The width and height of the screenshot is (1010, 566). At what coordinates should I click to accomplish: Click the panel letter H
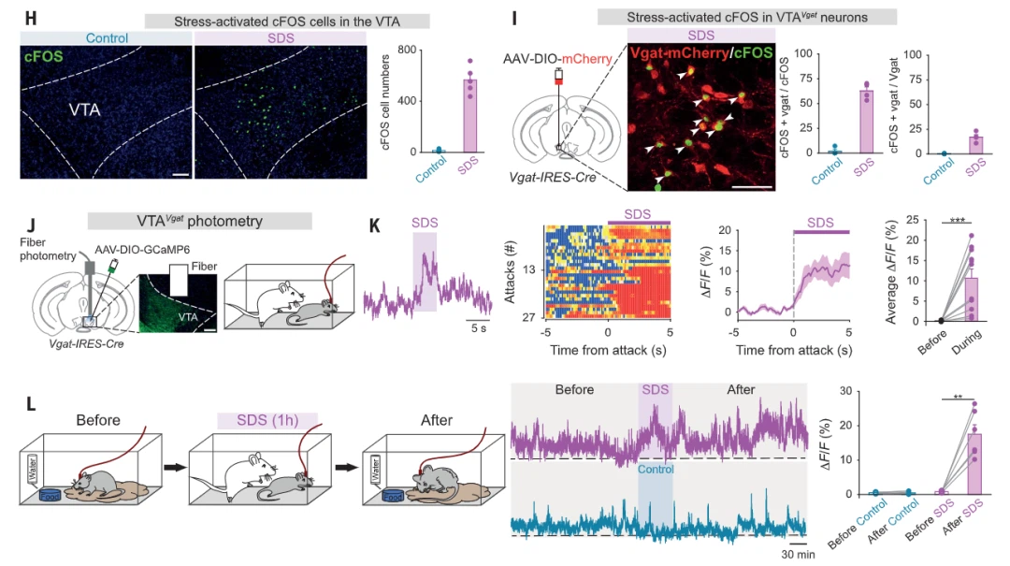point(30,18)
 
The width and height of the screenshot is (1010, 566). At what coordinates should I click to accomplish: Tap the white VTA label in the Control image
point(84,110)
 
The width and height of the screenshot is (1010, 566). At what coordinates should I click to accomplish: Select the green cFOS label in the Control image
point(44,57)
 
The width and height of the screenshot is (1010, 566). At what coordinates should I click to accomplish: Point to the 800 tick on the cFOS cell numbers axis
point(407,51)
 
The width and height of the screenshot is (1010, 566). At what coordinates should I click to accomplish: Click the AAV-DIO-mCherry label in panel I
point(557,59)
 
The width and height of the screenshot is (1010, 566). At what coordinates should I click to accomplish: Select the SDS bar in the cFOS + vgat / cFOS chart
point(866,122)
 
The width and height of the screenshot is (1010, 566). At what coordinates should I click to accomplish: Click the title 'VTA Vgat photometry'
point(200,221)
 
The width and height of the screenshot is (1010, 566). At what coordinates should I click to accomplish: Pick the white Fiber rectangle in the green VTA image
point(179,280)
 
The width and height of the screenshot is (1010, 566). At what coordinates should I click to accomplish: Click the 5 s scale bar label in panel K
point(479,328)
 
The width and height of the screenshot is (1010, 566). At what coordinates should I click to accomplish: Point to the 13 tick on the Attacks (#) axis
point(529,269)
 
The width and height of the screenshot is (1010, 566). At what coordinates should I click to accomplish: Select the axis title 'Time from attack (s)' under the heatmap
point(608,350)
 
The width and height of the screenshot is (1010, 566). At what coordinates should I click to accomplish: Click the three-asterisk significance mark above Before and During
point(958,220)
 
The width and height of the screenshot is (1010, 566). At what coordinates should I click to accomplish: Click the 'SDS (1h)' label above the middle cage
point(267,420)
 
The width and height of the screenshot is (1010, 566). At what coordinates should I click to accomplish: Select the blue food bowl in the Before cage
point(50,495)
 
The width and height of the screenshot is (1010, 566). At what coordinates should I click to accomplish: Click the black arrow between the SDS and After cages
point(346,467)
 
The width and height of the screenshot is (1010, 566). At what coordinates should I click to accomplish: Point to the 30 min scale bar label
point(798,554)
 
